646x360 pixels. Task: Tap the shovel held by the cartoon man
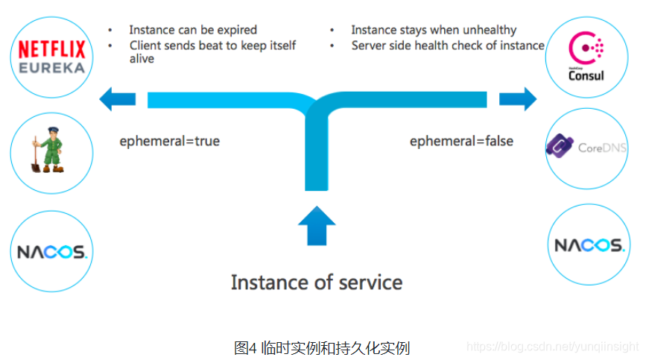click(x=36, y=155)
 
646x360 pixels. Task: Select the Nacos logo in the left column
click(x=52, y=252)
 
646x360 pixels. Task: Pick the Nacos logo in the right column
click(x=588, y=246)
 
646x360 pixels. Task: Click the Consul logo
click(x=586, y=56)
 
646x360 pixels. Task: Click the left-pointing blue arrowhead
click(x=109, y=98)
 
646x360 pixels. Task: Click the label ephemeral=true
click(x=170, y=141)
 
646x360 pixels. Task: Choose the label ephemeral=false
click(x=461, y=141)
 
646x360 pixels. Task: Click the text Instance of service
click(x=316, y=282)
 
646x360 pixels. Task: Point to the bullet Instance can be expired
click(x=193, y=30)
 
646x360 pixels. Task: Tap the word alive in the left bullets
click(x=142, y=59)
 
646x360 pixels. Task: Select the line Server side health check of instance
click(x=447, y=45)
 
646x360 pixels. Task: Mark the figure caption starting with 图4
click(x=322, y=347)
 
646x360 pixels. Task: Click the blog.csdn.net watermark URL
click(x=552, y=347)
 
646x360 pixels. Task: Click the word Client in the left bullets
click(x=146, y=45)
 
